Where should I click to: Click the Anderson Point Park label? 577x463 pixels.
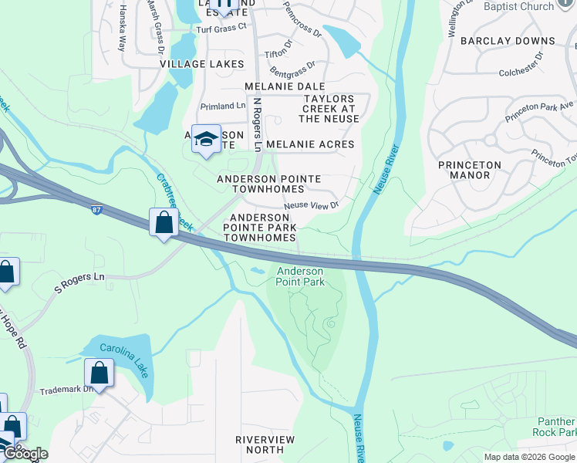pos(300,276)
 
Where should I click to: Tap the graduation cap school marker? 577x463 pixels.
pos(206,139)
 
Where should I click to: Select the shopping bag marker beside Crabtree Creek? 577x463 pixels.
pos(164,223)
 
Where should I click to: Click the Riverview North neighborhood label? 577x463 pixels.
pos(265,444)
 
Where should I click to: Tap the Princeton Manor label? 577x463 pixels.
pos(469,170)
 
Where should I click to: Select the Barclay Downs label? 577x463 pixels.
pos(508,41)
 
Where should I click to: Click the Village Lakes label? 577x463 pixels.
pos(191,65)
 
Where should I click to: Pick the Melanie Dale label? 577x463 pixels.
pos(284,87)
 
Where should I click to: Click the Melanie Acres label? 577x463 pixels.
pos(310,144)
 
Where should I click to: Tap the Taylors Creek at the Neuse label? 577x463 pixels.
pos(329,109)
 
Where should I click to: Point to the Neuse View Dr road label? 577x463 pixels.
pos(312,205)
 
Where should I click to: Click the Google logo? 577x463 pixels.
pos(25,454)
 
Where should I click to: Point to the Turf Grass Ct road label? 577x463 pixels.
pos(221,27)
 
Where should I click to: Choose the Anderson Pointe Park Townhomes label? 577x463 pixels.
pos(260,228)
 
